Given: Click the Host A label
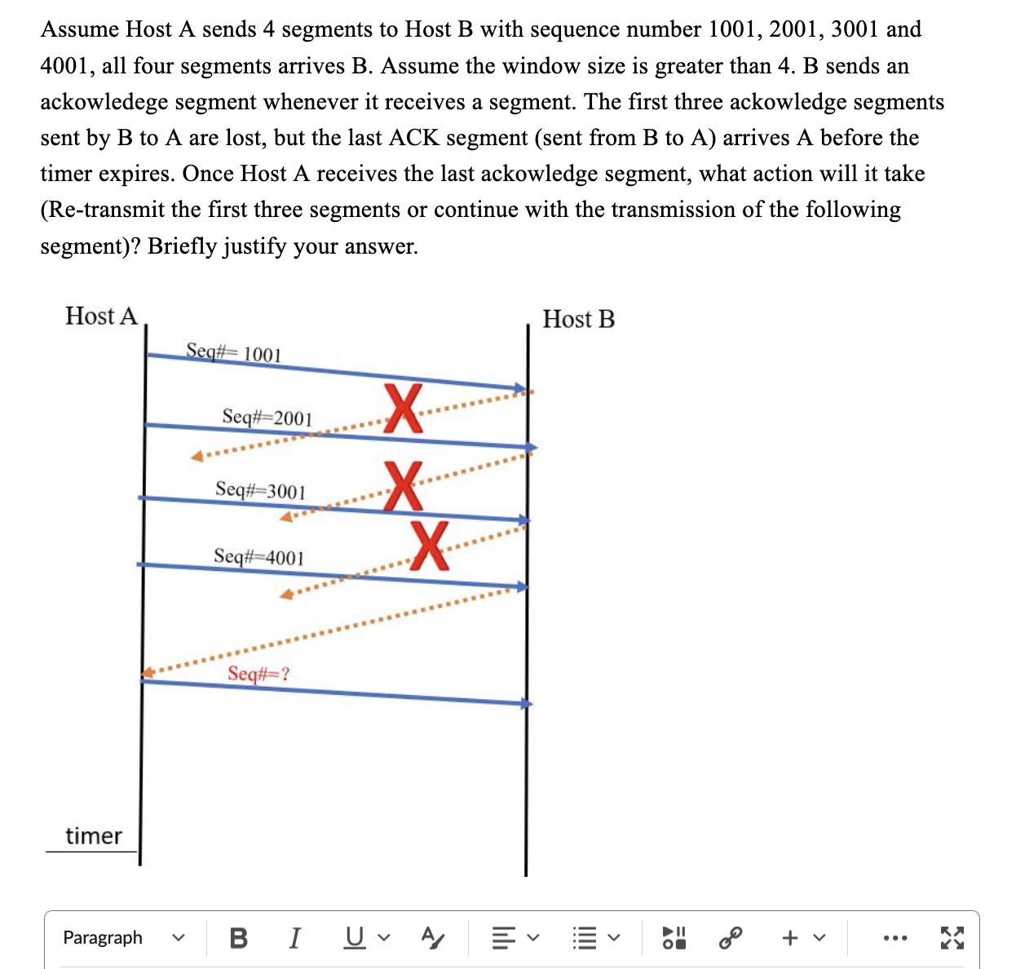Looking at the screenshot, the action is point(101,316).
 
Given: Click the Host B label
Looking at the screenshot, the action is point(578,319).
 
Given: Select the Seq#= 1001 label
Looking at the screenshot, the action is point(233,352).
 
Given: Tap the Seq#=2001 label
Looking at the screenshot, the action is point(267,418).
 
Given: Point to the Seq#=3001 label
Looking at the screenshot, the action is point(260,490).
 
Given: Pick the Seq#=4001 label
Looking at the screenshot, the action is point(258,557).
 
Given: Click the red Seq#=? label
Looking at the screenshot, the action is point(258,674).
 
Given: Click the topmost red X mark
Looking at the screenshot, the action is point(403,408).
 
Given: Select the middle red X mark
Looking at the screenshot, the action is point(403,485).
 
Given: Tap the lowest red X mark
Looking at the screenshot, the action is point(429,545).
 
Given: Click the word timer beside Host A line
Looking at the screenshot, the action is point(93,836).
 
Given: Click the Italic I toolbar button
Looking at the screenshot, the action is point(295,938).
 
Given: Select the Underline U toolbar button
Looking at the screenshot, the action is point(354,938).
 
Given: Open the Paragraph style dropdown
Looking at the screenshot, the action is point(123,938).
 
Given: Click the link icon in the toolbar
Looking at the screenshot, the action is point(731,938).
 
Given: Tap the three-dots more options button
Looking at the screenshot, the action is point(896,938).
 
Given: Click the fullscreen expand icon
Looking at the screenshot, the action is point(952,938).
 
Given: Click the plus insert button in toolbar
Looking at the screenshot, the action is point(789,938).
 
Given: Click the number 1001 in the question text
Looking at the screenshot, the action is point(736,29).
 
